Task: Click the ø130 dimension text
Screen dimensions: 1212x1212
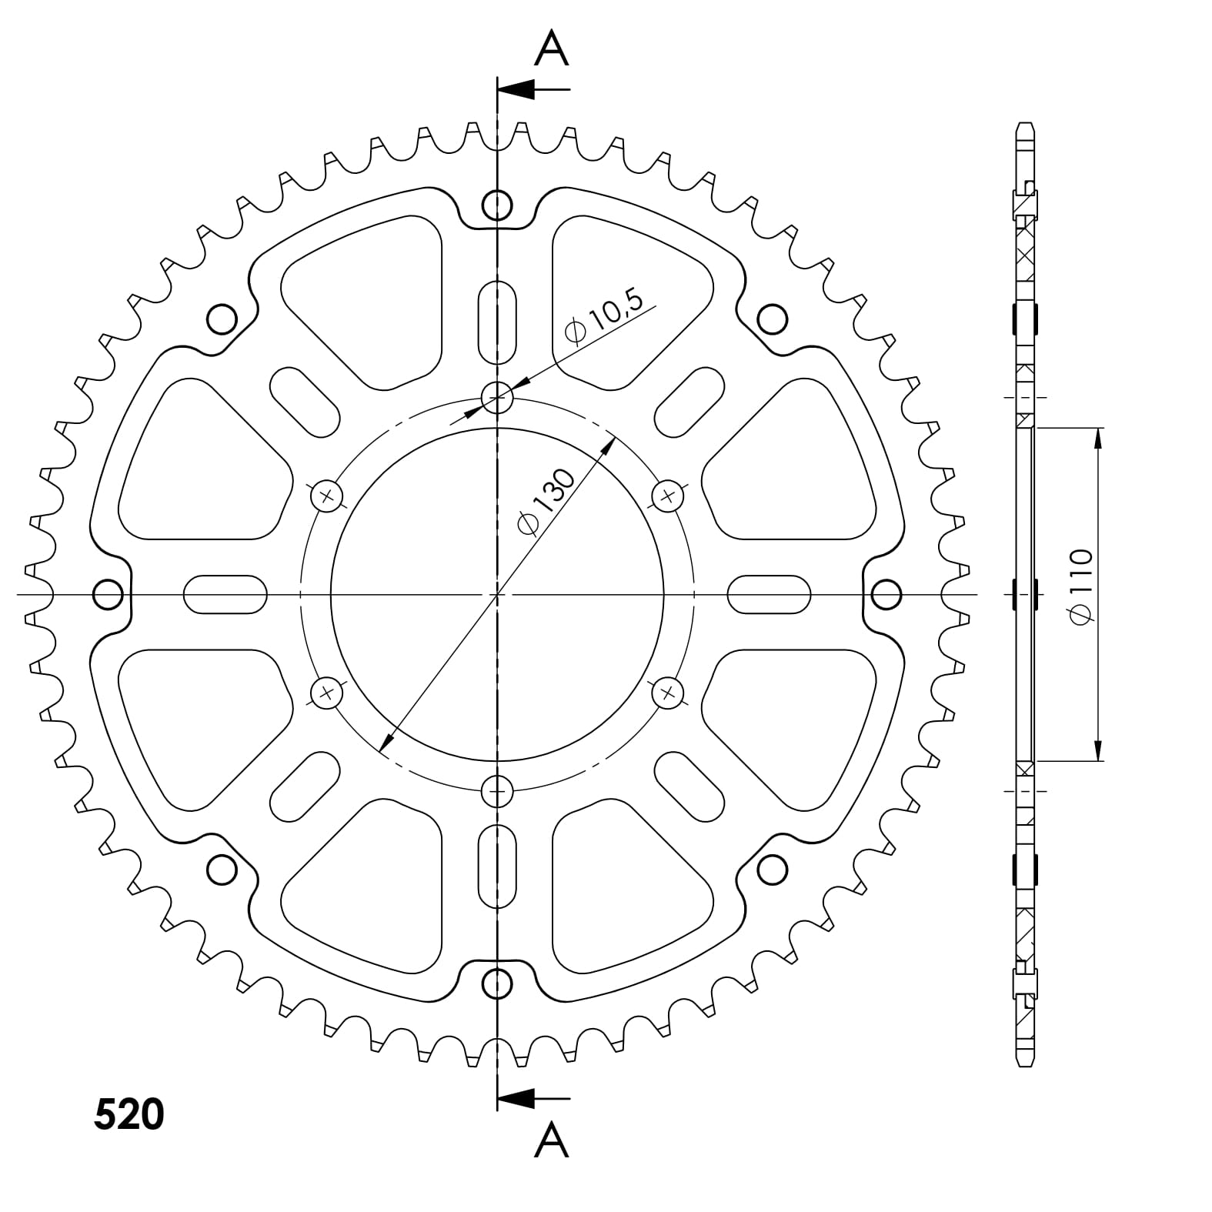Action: pyautogui.click(x=546, y=501)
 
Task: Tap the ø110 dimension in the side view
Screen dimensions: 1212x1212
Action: pyautogui.click(x=1080, y=586)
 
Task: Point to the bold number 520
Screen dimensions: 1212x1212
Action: pyautogui.click(x=129, y=1114)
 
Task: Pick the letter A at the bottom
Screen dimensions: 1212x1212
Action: pyautogui.click(x=551, y=1140)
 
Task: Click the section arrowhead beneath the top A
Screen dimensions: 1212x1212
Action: pyautogui.click(x=516, y=89)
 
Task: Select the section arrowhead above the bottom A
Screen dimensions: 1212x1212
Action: pyautogui.click(x=516, y=1098)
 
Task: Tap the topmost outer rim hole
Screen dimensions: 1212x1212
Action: pyautogui.click(x=497, y=205)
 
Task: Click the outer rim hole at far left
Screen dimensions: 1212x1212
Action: pyautogui.click(x=108, y=594)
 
